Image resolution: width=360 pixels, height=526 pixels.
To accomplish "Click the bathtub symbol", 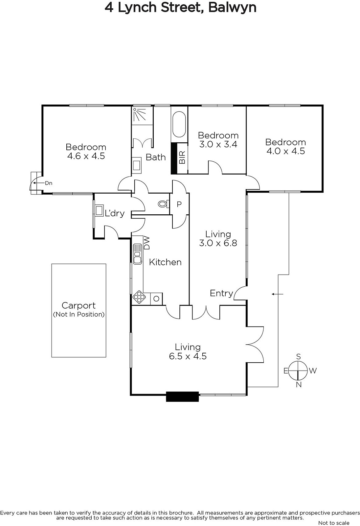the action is [x=179, y=124].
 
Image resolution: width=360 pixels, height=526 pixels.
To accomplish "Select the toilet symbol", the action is [x=164, y=204].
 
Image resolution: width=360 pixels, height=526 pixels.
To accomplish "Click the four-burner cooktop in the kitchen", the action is [x=139, y=297].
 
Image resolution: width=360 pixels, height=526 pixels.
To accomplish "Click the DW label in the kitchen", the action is [x=146, y=243].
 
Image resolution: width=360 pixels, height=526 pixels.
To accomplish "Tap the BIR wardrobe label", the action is [x=182, y=157].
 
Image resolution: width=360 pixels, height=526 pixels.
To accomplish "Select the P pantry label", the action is [x=179, y=204].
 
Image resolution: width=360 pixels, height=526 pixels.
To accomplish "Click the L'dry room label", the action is [x=115, y=213].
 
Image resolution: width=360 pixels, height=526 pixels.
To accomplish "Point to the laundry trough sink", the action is [x=99, y=210].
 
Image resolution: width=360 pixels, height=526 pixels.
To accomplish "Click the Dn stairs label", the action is [x=49, y=183].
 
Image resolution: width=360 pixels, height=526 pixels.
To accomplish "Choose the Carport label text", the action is [x=79, y=305].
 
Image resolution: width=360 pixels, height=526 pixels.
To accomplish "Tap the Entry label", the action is [x=221, y=293].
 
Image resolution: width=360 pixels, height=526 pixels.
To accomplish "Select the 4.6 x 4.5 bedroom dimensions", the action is [x=86, y=156].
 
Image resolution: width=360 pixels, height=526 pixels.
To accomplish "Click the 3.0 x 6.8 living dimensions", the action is [x=218, y=243].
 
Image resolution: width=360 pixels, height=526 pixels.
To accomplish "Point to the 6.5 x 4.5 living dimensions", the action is [x=188, y=356].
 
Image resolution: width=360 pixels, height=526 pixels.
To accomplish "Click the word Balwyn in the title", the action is [x=232, y=8].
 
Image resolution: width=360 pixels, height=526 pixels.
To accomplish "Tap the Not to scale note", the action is [x=334, y=523].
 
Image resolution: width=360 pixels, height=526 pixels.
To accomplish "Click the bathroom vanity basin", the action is [x=137, y=165].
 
